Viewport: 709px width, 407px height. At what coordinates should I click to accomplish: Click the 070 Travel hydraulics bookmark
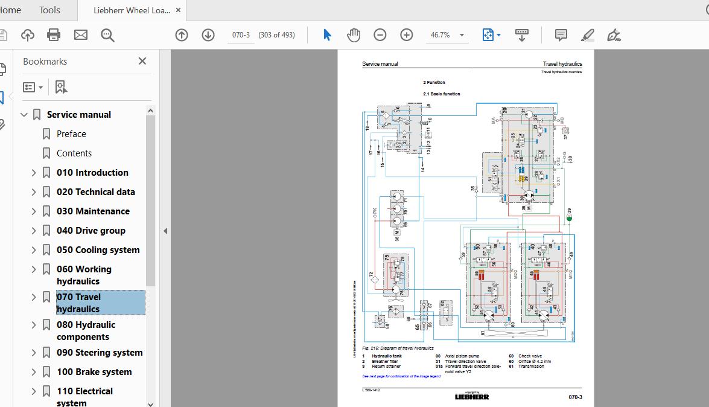[x=78, y=303]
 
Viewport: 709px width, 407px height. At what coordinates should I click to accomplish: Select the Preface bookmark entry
[x=71, y=134]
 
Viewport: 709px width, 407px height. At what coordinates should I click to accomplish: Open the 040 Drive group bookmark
[x=91, y=231]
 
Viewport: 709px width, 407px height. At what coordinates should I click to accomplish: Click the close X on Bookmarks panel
[x=142, y=61]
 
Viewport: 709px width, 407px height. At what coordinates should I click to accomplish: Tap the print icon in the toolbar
[x=54, y=35]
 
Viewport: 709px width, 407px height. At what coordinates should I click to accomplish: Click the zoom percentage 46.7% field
[x=440, y=35]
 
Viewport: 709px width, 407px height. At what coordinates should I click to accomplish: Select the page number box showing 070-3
[x=241, y=35]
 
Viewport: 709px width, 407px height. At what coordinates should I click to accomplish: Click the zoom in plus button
[x=407, y=35]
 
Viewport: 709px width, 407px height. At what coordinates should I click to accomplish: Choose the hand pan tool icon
[x=354, y=35]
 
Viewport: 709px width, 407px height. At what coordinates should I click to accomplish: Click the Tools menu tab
[x=49, y=10]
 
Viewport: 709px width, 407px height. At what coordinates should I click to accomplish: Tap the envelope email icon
[x=81, y=35]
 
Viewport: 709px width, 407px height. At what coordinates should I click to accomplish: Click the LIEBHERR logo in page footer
[x=472, y=396]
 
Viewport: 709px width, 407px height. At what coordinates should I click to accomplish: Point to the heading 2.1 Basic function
[x=442, y=94]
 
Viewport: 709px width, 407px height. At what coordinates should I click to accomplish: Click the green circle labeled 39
[x=569, y=217]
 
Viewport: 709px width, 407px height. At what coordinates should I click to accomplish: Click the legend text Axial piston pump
[x=461, y=356]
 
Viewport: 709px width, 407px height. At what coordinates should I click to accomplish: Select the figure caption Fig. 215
[x=398, y=348]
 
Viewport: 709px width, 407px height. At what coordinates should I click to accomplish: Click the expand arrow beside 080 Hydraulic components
[x=34, y=325]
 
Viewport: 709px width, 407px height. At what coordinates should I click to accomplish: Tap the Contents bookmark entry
[x=74, y=153]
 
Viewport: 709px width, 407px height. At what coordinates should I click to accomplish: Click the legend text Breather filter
[x=385, y=361]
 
